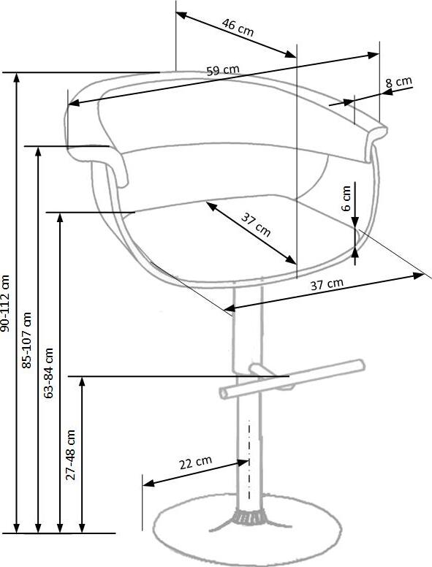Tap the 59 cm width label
(223, 71)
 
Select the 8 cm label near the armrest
(398, 82)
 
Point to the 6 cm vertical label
(346, 197)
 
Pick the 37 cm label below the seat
(327, 285)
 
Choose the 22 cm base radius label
(195, 463)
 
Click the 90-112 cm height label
(7, 303)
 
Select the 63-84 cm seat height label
(49, 373)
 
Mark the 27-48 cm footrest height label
(71, 453)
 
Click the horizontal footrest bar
(292, 378)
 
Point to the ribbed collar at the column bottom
(249, 517)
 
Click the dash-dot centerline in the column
(249, 460)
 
